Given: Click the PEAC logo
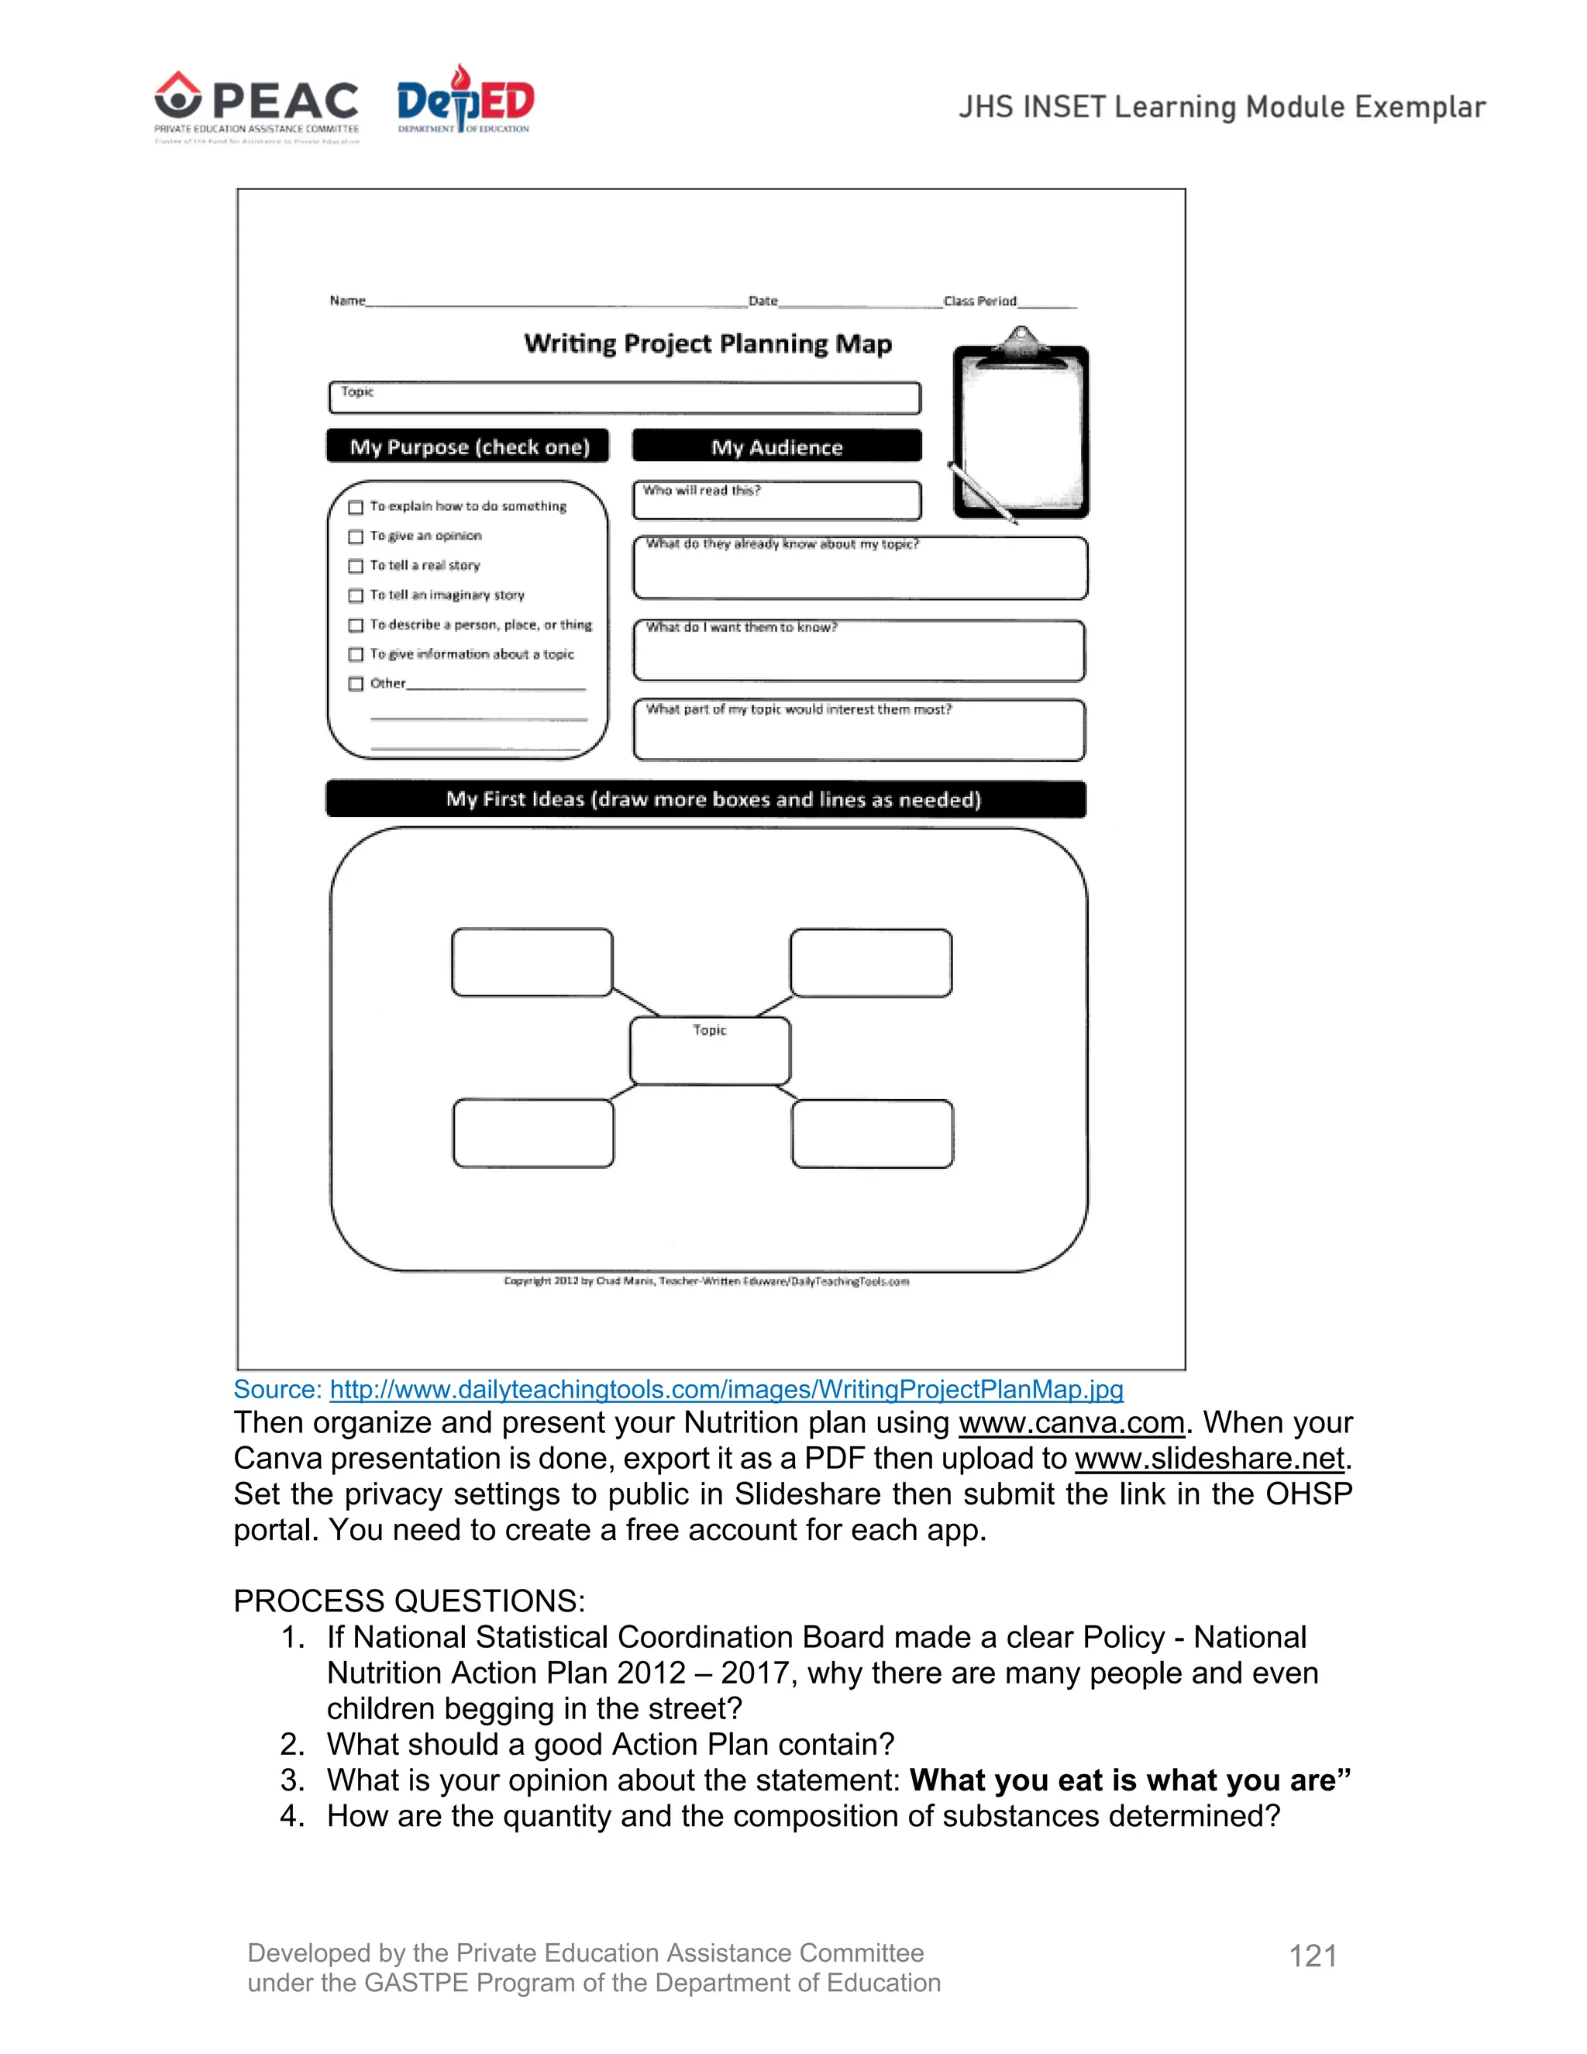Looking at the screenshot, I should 256,106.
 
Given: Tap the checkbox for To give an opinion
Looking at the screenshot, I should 356,537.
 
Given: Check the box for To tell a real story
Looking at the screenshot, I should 356,566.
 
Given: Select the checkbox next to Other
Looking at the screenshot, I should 356,684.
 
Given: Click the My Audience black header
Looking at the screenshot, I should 776,446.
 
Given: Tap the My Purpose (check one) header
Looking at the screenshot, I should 468,446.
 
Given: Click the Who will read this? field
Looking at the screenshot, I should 776,501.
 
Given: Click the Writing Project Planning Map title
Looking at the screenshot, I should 708,344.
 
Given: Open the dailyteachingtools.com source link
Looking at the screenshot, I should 726,1390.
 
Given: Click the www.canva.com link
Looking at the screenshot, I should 1071,1423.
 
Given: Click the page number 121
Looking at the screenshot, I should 1313,1956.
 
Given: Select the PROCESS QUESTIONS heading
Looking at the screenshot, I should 409,1601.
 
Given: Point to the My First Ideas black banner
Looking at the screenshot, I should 706,799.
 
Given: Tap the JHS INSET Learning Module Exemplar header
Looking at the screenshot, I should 1221,107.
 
